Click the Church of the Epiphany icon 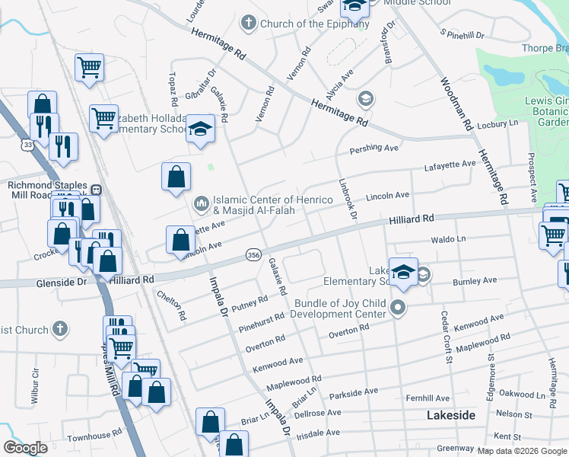point(248,24)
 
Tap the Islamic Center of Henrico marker point(201,203)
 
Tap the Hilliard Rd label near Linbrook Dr point(411,219)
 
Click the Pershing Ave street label point(374,148)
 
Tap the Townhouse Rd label point(94,438)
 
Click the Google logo point(25,448)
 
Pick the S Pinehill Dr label point(463,35)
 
